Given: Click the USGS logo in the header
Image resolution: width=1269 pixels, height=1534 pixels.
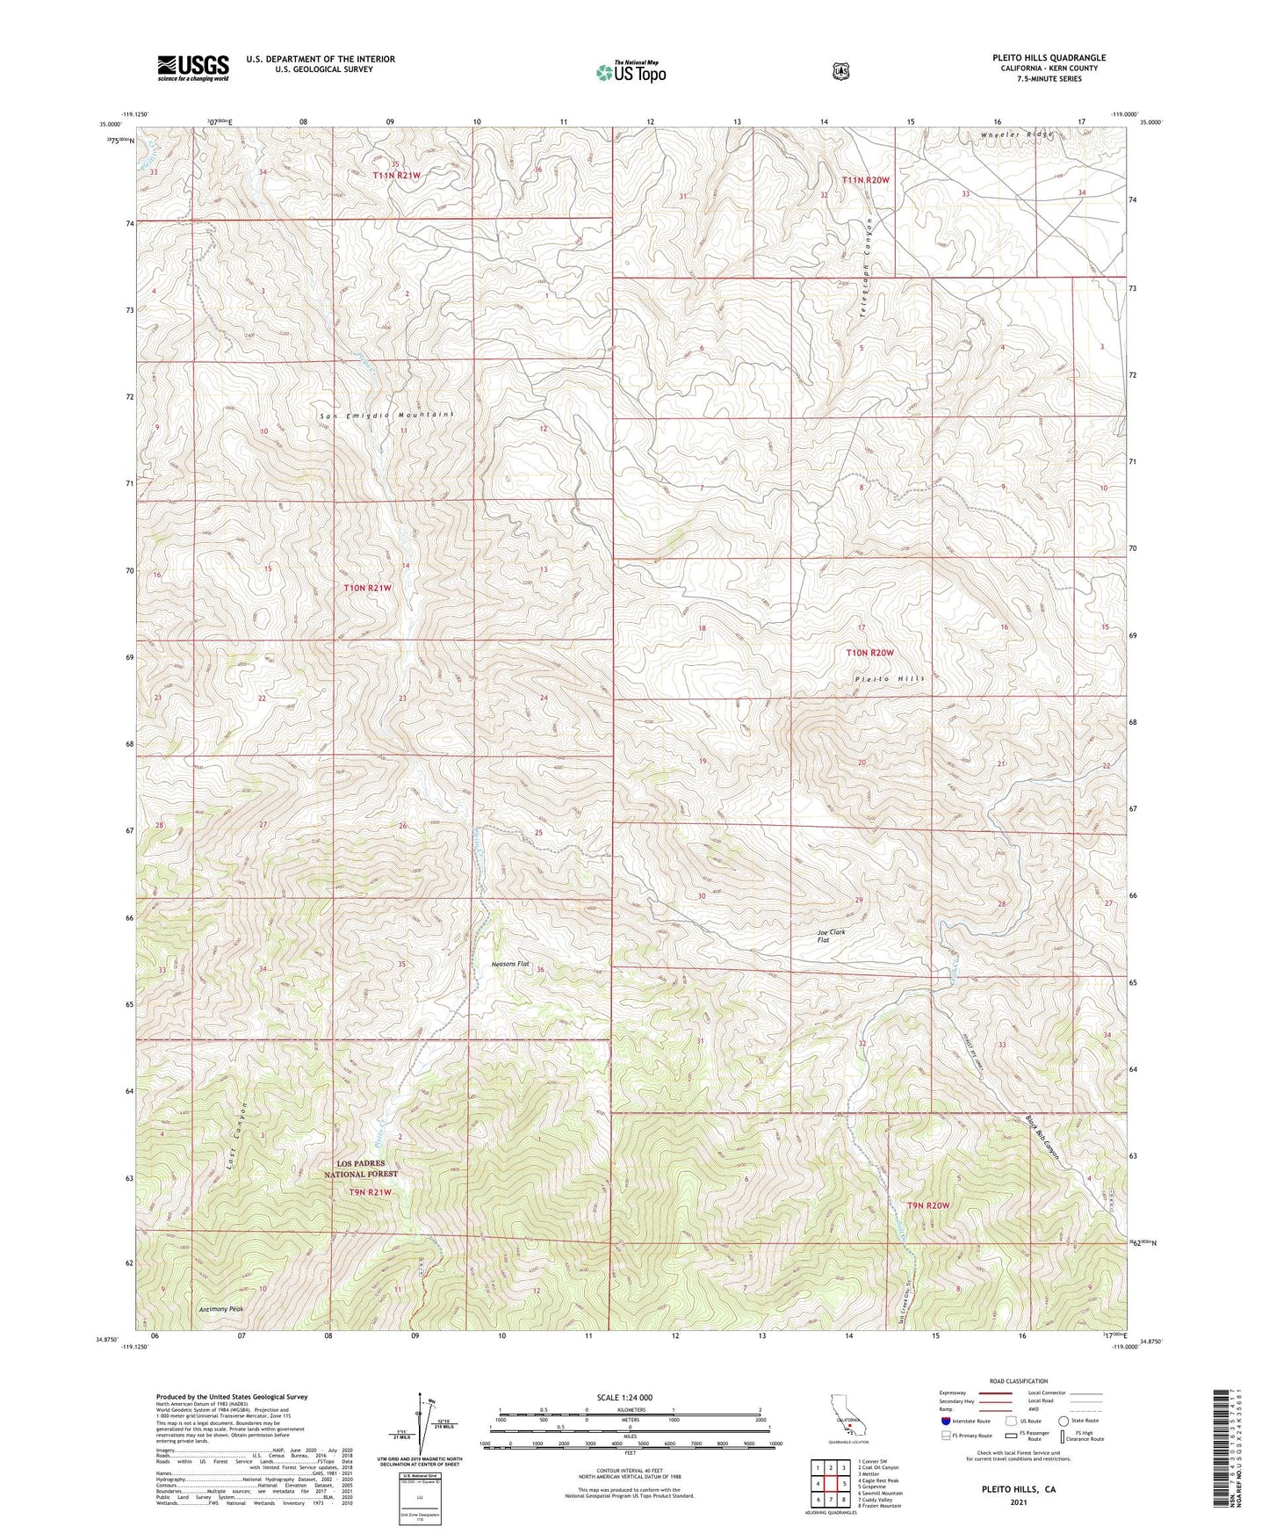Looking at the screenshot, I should tap(193, 68).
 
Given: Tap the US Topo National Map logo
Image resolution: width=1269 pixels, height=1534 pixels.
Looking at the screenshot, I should tap(630, 71).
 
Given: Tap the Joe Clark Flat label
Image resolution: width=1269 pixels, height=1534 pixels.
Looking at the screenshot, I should tap(830, 936).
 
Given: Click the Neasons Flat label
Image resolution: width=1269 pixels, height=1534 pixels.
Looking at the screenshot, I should tap(510, 964).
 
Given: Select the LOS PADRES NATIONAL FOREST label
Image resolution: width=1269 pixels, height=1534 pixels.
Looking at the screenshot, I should tap(361, 1169).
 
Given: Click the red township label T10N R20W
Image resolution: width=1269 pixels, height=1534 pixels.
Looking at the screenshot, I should tap(869, 653).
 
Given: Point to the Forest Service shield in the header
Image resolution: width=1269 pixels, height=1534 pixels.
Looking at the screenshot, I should tap(841, 71).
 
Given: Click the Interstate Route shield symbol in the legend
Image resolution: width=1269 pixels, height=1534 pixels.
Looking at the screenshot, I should tap(945, 1421).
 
